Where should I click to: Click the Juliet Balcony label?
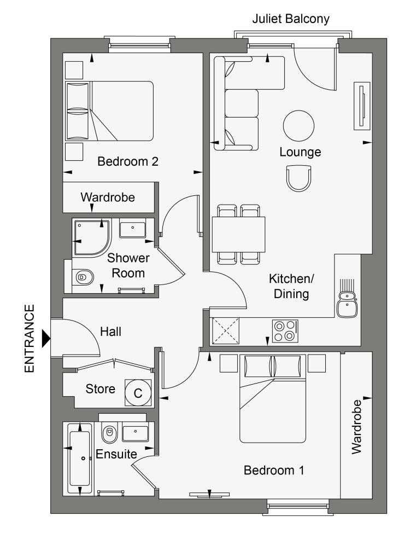click(290, 19)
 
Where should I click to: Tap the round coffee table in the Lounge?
click(298, 126)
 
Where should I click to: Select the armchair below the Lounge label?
click(298, 178)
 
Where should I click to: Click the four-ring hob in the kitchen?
click(285, 332)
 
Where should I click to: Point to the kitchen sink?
click(347, 304)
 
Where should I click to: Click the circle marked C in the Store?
click(138, 393)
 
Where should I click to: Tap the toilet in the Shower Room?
click(83, 277)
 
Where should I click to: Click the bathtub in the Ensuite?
click(80, 458)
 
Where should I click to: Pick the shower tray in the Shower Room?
click(92, 237)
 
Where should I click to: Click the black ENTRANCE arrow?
click(46, 339)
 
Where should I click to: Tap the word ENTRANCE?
click(30, 339)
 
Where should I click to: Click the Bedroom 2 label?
click(128, 161)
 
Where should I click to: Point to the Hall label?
click(110, 332)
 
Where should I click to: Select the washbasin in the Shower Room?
click(132, 229)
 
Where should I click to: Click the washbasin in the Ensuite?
click(136, 433)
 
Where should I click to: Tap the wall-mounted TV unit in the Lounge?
click(362, 106)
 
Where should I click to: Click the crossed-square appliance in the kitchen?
click(225, 331)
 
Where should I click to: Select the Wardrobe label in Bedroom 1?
click(356, 427)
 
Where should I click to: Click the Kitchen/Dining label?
click(291, 286)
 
